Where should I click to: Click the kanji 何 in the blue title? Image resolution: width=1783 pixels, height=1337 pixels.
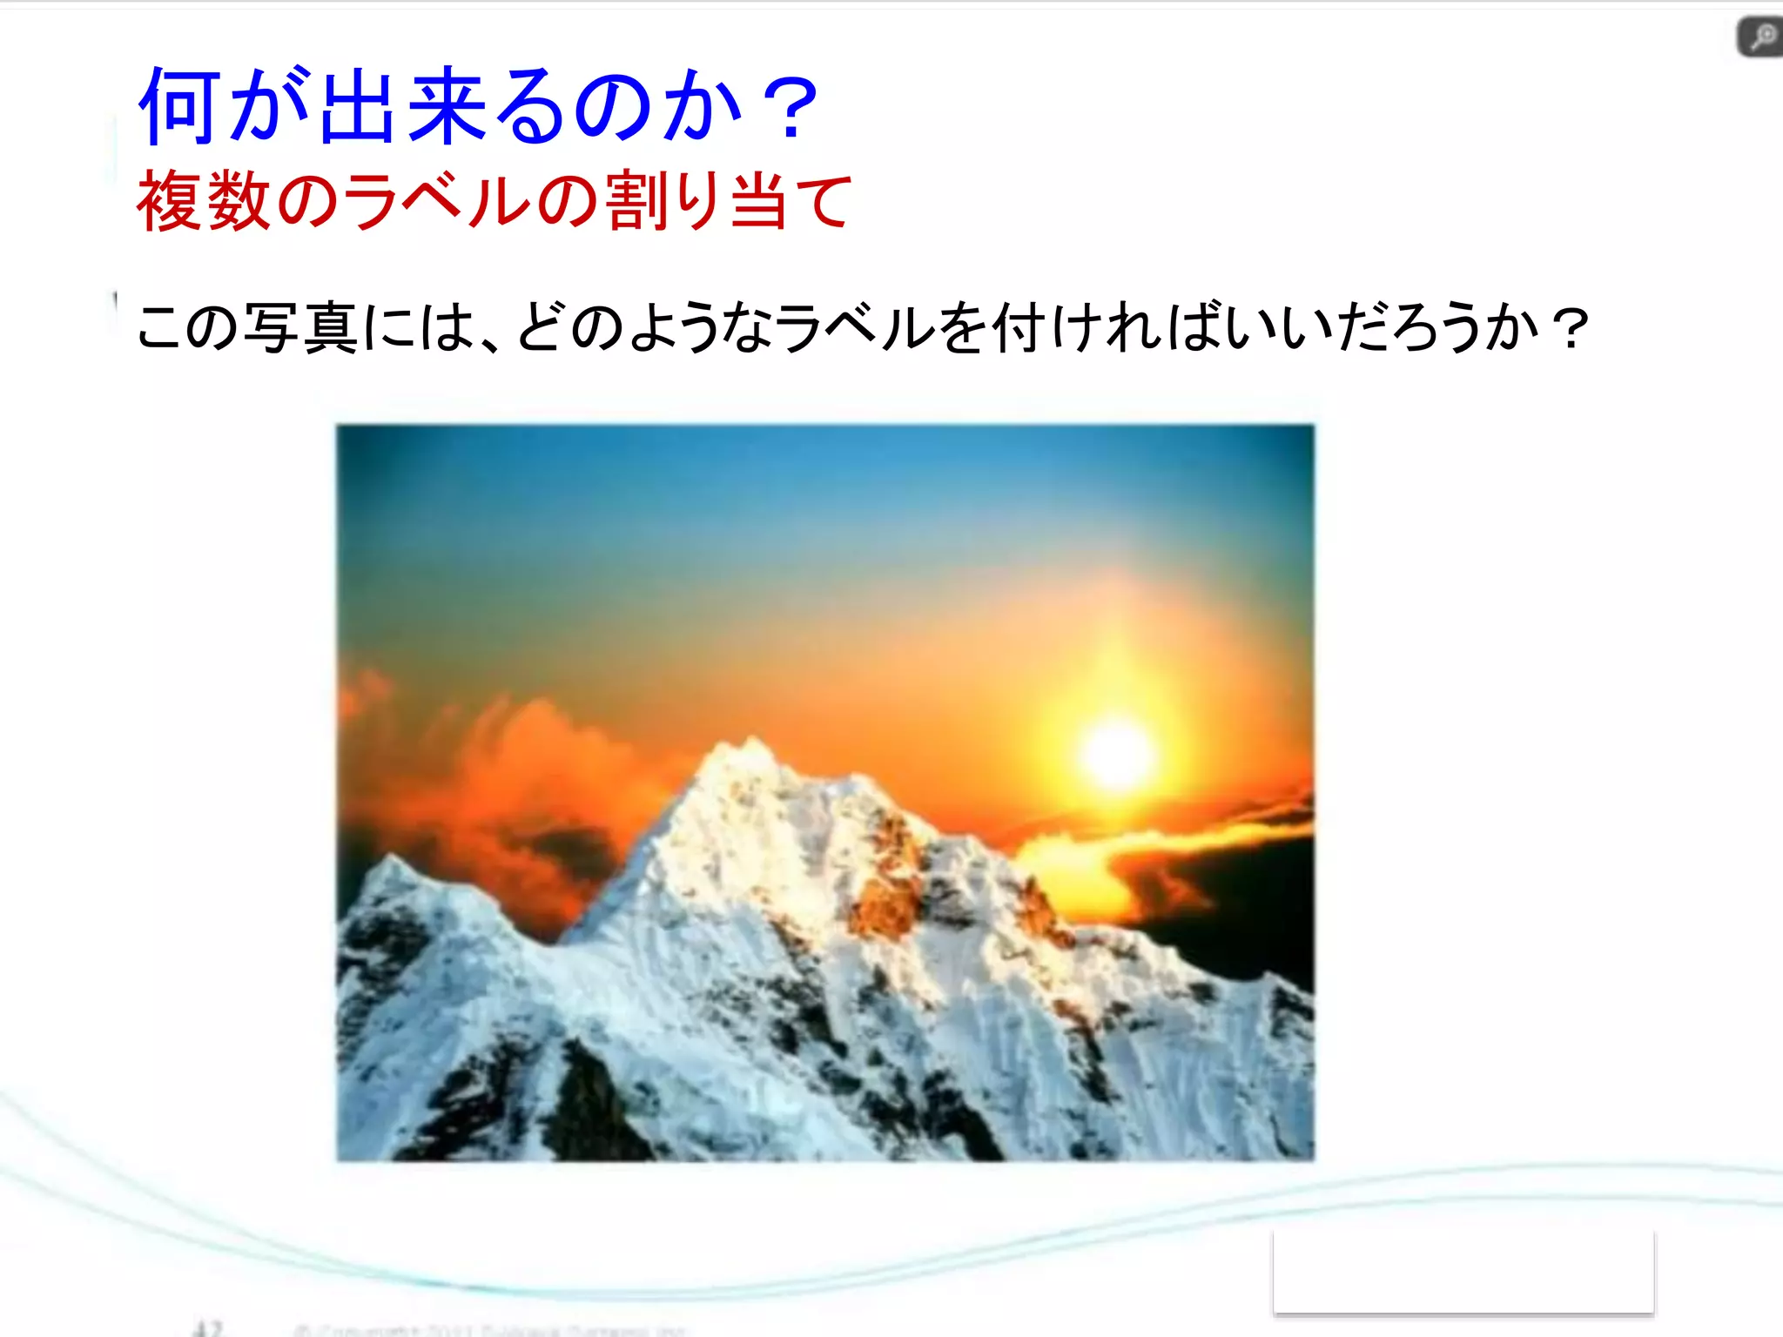coord(179,106)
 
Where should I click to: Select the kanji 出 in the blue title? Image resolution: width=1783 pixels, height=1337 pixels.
coord(357,106)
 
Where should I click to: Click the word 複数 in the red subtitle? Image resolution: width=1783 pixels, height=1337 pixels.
coord(204,201)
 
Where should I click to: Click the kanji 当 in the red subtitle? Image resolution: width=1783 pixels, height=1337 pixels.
coord(759,201)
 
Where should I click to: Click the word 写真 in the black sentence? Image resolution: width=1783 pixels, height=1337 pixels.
coord(300,328)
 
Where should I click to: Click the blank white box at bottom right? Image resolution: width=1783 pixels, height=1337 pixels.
coord(1463,1271)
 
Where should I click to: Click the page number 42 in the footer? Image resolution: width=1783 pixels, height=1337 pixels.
coord(208,1328)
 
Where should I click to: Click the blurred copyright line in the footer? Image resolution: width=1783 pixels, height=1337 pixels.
coord(488,1330)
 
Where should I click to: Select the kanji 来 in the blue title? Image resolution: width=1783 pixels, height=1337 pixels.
coord(446,106)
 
